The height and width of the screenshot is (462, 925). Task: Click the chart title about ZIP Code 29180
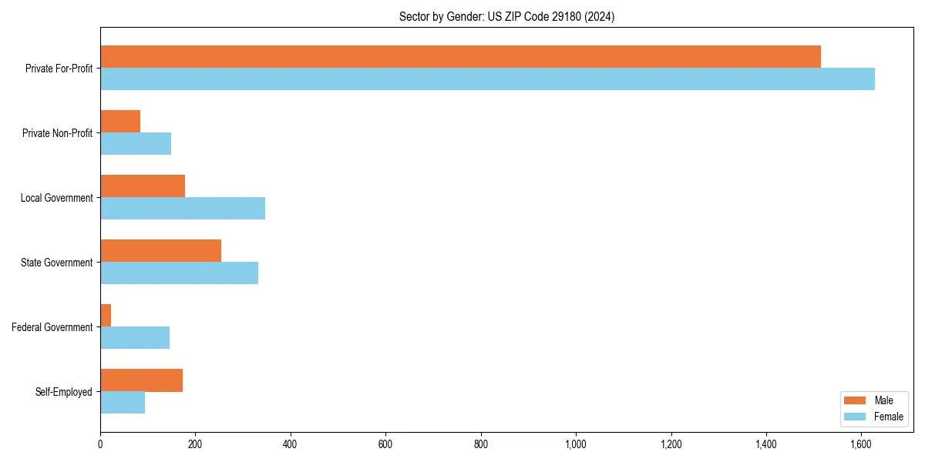coord(506,16)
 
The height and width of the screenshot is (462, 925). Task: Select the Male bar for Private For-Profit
coord(460,57)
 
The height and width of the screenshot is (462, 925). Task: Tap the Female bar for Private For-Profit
coord(487,79)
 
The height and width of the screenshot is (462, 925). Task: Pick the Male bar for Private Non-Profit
coord(120,122)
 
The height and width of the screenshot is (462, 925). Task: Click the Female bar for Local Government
coord(183,209)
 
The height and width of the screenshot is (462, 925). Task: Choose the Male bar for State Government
coord(160,251)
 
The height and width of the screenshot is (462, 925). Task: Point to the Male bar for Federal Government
coord(106,316)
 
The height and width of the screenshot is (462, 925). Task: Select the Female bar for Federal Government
coord(135,338)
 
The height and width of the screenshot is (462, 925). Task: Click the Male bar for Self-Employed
coord(141,380)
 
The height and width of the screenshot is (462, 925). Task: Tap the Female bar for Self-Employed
coord(123,403)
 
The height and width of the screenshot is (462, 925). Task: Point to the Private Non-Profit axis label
coord(57,133)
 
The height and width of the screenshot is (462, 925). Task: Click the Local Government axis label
coord(56,198)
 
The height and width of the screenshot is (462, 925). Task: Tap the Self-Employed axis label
coord(63,392)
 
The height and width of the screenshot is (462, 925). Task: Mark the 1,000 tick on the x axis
coord(576,444)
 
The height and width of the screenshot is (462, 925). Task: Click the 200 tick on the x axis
coord(195,444)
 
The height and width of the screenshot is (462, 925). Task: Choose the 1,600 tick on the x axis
coord(861,444)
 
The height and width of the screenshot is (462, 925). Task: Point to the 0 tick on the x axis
coord(100,444)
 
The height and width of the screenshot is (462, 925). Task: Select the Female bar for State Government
coord(179,273)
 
